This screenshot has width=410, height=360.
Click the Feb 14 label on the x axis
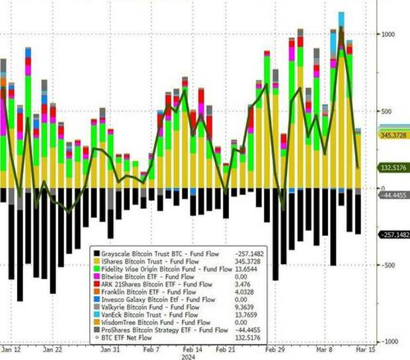pyautogui.click(x=194, y=349)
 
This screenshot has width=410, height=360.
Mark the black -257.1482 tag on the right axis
pyautogui.click(x=394, y=234)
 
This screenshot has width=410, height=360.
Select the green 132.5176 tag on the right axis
pyautogui.click(x=393, y=168)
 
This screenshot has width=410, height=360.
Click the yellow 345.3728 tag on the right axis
pyautogui.click(x=393, y=135)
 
